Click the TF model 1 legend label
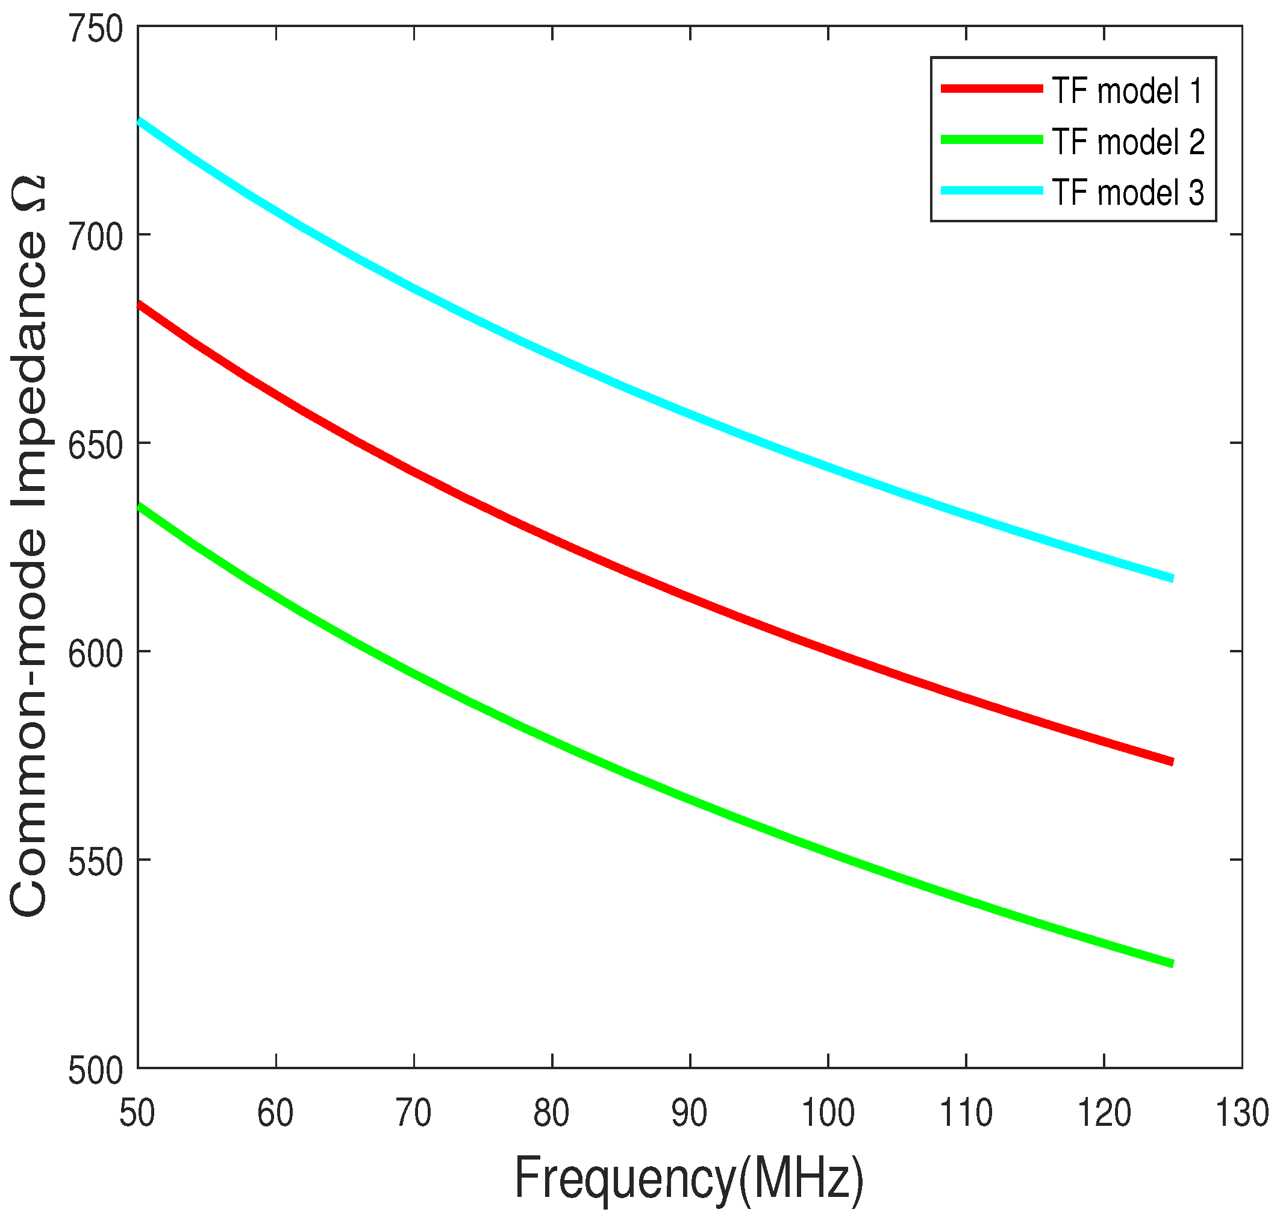(x=1126, y=90)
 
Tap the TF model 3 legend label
(x=1126, y=192)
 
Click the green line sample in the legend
(x=991, y=139)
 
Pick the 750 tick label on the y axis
(x=96, y=30)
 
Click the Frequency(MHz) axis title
(x=688, y=1178)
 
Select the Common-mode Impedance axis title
(x=29, y=547)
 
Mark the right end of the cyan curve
(x=1172, y=578)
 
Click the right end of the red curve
(x=1172, y=761)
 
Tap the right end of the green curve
(x=1172, y=964)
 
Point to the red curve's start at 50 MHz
(x=139, y=304)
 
